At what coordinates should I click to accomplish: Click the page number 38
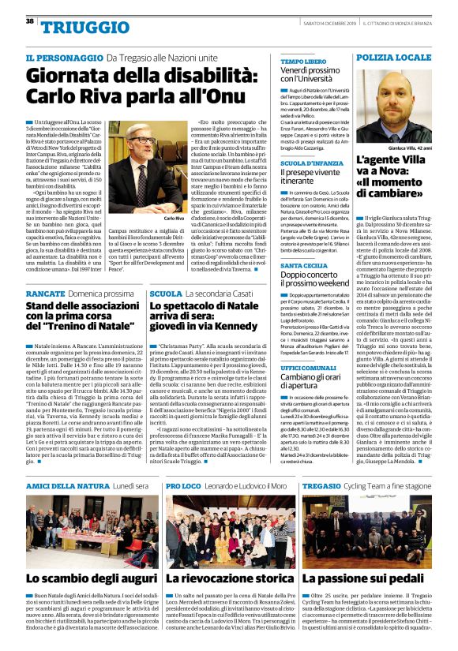pyautogui.click(x=29, y=21)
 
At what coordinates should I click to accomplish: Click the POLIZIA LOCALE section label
pyautogui.click(x=393, y=58)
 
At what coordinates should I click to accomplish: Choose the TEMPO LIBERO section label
pyautogui.click(x=304, y=61)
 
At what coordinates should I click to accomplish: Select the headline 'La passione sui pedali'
pyautogui.click(x=366, y=579)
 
